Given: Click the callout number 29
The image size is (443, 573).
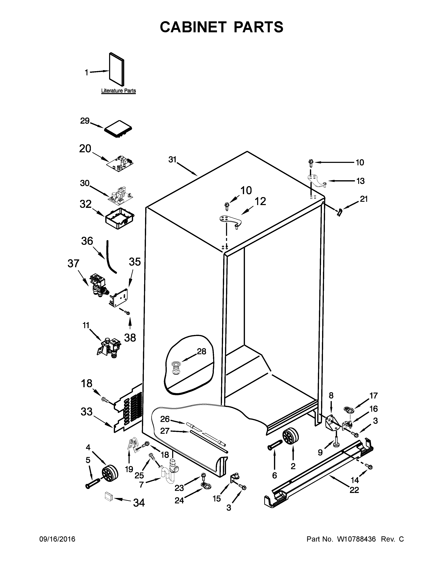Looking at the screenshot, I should pos(85,121).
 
